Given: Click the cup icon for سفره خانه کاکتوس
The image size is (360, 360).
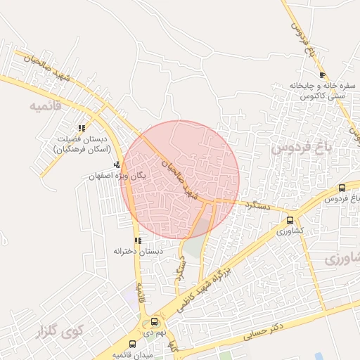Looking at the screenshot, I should click(x=322, y=75).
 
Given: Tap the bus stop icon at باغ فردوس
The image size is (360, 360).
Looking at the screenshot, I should click(x=342, y=188).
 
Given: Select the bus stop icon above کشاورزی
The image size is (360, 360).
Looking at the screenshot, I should click(x=290, y=219).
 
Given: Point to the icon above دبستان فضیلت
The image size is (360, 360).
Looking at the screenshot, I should click(x=82, y=129).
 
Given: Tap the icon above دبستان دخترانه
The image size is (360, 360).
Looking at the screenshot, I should click(x=138, y=240).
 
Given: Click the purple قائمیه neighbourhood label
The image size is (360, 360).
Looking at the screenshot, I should click(x=46, y=106).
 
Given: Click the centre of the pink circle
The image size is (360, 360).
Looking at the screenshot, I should click(x=180, y=179).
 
